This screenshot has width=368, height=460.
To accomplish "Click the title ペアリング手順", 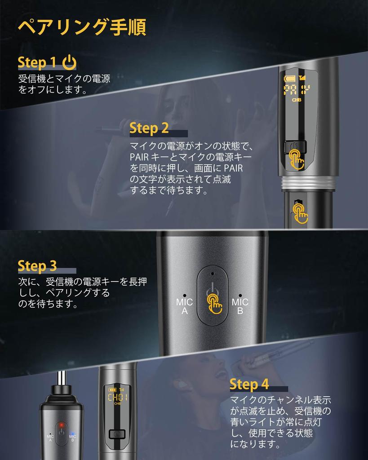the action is click(82, 27).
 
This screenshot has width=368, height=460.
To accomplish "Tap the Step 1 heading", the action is click(37, 62).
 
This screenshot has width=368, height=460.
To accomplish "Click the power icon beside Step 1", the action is click(70, 62).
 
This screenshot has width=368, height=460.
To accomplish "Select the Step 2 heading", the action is click(149, 128).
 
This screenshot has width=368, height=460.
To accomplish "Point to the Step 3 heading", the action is click(37, 266).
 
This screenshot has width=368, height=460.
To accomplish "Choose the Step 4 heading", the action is click(249, 384).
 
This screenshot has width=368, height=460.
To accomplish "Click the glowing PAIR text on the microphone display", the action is click(297, 90).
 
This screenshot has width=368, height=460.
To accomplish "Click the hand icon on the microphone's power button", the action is click(297, 159).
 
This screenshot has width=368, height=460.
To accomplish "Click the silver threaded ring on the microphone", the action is click(308, 183).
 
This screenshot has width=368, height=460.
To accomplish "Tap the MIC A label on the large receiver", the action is click(184, 306).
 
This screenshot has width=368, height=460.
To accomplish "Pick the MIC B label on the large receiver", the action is click(240, 306).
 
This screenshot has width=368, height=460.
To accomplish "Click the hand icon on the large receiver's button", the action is click(214, 304).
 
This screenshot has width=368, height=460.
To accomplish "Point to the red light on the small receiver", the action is click(61, 425).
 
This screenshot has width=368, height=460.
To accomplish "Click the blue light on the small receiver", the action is click(72, 433).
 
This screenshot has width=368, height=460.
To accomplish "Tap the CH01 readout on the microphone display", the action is click(118, 398).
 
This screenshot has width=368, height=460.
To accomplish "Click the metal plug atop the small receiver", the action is click(61, 378).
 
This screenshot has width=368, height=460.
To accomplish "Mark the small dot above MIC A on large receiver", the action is click(185, 296).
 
